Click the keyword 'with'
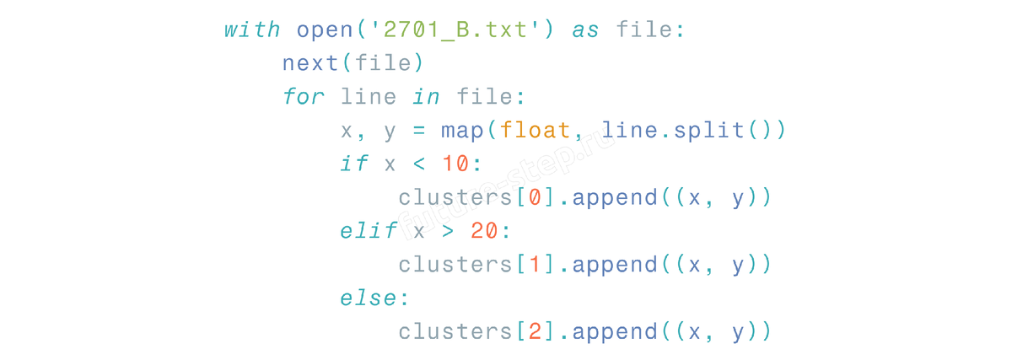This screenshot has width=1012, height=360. click(252, 30)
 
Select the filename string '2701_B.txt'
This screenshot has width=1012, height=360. click(455, 30)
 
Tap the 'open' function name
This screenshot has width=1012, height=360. click(325, 30)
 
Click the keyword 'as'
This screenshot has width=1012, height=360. click(585, 30)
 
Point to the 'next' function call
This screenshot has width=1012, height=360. click(310, 63)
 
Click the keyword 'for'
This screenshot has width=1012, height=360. click(303, 97)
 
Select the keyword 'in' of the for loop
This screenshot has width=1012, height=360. click(426, 97)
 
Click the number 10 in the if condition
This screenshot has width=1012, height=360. click(455, 164)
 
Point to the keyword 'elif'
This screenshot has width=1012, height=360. click(369, 231)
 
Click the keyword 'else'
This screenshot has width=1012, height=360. click(369, 298)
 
